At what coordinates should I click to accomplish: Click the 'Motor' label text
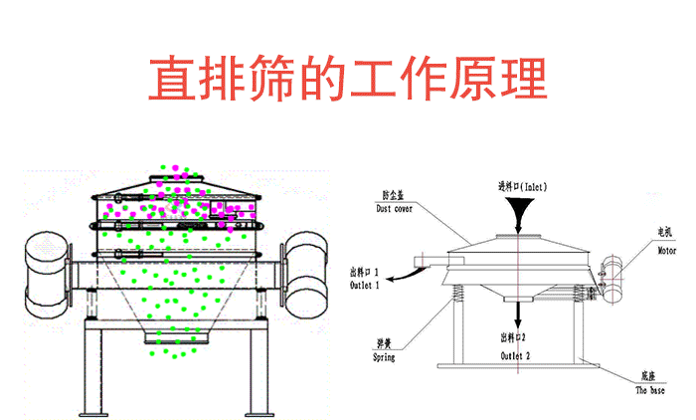click(664, 252)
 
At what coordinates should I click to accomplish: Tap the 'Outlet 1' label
click(364, 286)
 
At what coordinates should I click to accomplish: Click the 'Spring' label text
click(384, 357)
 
